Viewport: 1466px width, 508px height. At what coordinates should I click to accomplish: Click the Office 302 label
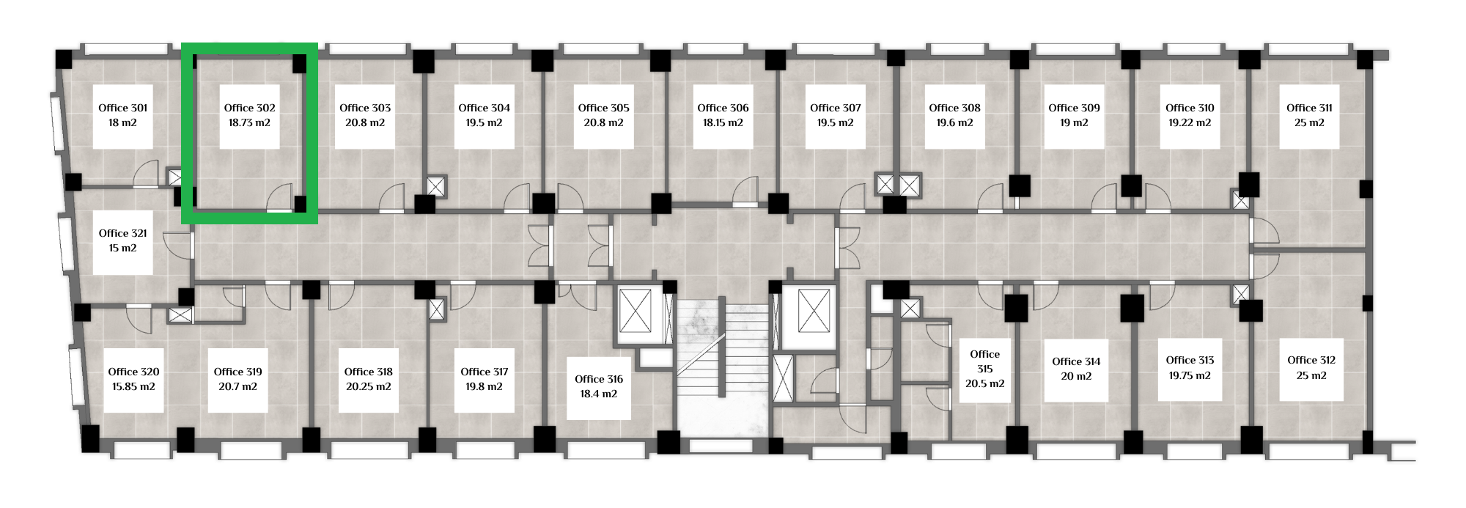coord(249,108)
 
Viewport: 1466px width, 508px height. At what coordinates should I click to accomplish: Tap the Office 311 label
coord(1309,108)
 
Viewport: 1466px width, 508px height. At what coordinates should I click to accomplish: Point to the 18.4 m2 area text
coord(599,394)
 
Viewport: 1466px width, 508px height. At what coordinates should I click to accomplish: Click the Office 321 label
coord(122,233)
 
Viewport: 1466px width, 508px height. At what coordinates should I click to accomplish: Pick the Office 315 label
coord(984,361)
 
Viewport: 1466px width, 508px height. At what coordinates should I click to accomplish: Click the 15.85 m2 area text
coord(133,386)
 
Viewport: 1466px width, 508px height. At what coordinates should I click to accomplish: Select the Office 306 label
coord(723,108)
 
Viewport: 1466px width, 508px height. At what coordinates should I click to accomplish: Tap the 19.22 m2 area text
coord(1190,122)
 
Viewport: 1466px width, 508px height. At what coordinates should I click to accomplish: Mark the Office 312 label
coord(1311,360)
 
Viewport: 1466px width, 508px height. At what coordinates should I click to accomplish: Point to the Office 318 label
coord(368,372)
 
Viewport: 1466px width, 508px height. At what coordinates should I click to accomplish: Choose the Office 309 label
coord(1074,108)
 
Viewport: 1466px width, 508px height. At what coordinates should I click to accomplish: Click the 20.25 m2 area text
coord(368,386)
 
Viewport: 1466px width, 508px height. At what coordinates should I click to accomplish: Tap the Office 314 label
coord(1076,361)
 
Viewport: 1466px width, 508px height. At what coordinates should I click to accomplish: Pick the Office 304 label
coord(484,108)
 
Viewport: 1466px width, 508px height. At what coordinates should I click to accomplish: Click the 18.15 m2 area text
coord(723,122)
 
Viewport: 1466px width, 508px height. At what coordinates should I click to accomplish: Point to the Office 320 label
coord(133,372)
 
